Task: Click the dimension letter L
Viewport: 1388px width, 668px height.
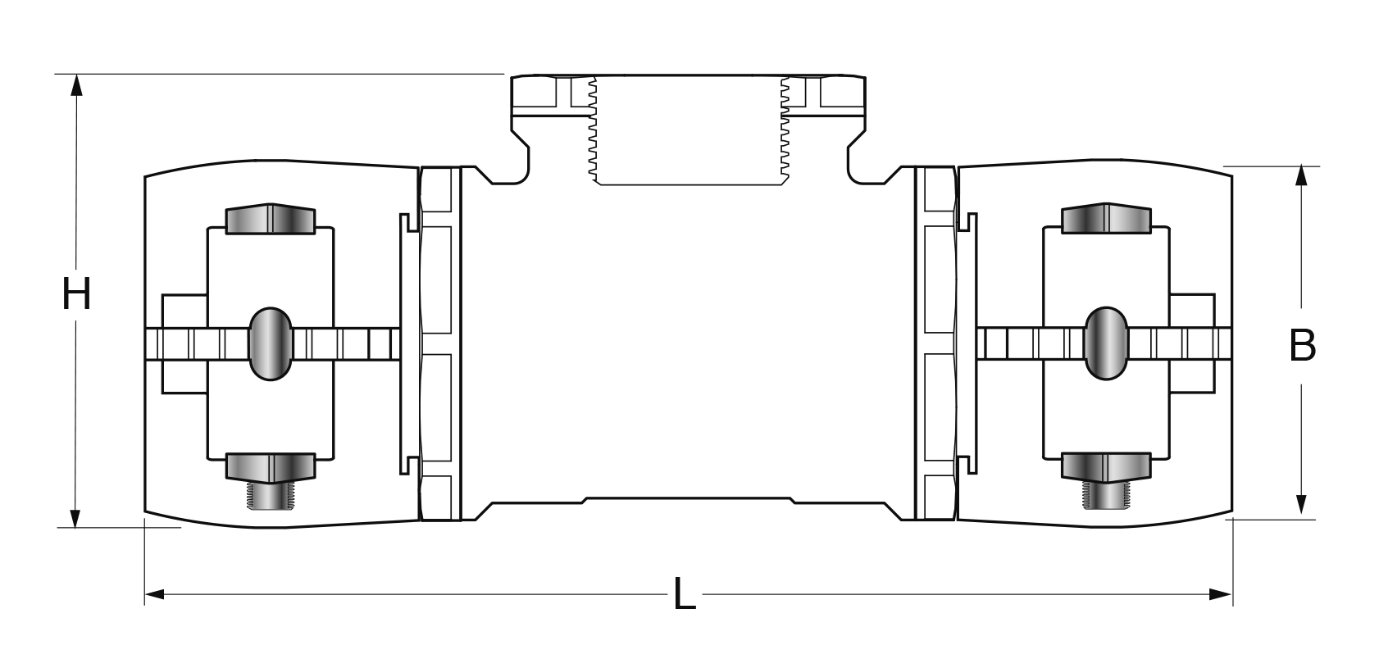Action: click(x=684, y=594)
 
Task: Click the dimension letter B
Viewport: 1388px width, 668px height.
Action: click(x=1302, y=346)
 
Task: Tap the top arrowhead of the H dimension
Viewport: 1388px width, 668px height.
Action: click(x=76, y=85)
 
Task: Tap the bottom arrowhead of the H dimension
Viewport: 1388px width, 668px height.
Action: click(x=75, y=517)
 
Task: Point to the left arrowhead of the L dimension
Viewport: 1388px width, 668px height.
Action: click(x=155, y=594)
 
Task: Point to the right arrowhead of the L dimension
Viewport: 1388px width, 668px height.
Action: click(x=1222, y=594)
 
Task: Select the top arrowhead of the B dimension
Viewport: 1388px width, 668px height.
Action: click(x=1301, y=175)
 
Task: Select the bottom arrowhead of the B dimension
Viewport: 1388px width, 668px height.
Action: click(x=1301, y=504)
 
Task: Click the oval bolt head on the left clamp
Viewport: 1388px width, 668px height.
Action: click(x=271, y=343)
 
